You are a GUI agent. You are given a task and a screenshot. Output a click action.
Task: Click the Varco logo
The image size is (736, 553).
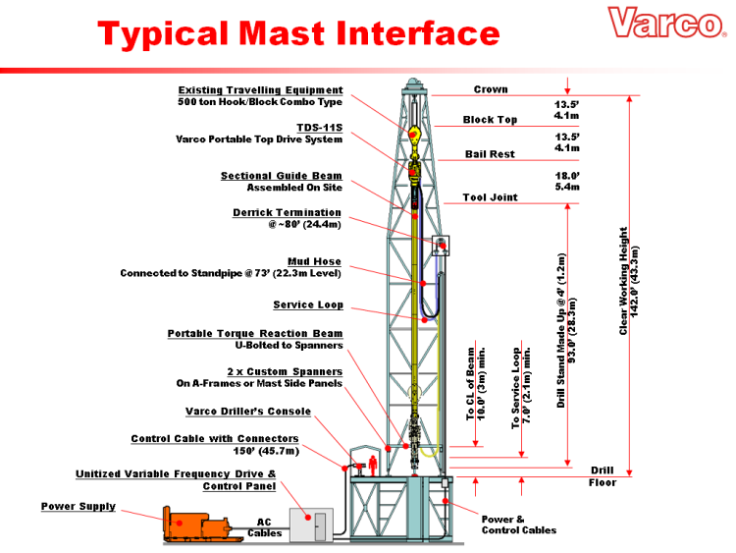point(663,22)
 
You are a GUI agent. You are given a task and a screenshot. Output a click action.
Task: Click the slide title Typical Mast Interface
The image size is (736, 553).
point(298,34)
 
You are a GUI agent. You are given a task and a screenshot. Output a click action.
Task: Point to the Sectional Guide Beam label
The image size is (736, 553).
point(281,176)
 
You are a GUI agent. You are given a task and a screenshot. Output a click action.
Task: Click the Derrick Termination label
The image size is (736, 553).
point(287,212)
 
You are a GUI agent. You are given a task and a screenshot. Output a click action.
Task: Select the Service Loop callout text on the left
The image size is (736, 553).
point(308,304)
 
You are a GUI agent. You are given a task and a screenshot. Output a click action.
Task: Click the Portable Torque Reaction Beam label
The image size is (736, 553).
point(255,334)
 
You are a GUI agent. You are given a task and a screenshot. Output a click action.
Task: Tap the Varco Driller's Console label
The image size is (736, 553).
point(263,411)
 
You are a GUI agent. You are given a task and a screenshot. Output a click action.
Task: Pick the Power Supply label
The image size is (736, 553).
point(78,507)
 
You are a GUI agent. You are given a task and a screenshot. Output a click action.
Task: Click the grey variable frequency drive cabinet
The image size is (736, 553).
point(310,524)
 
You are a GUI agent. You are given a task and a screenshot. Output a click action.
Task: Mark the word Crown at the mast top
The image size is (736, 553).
point(491,89)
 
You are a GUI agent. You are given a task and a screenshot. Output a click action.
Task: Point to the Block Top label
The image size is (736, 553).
point(490,120)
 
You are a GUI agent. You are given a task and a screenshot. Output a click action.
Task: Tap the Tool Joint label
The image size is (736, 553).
point(490,197)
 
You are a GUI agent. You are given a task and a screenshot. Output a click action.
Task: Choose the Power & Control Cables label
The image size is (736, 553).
point(518,525)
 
